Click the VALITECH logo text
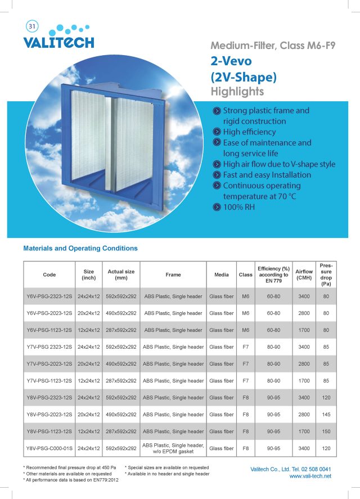click(x=58, y=43)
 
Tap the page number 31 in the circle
click(x=31, y=26)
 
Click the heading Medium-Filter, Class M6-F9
click(x=272, y=46)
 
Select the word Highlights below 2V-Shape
click(x=237, y=91)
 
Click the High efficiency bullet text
click(x=249, y=132)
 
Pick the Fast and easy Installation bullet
click(x=267, y=174)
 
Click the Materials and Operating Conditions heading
click(x=80, y=248)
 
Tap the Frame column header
click(x=173, y=275)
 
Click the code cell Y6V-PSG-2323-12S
click(x=49, y=296)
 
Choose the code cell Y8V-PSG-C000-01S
click(x=49, y=448)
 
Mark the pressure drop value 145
click(x=326, y=415)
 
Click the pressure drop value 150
click(x=326, y=431)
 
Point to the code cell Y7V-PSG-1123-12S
click(x=49, y=381)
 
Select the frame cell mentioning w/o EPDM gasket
click(x=173, y=448)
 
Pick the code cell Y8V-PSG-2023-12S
click(x=49, y=415)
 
